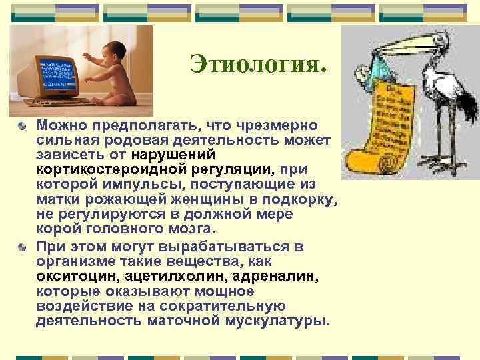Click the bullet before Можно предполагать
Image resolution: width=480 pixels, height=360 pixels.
[23, 125]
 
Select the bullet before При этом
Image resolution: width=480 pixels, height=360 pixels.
[23, 247]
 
